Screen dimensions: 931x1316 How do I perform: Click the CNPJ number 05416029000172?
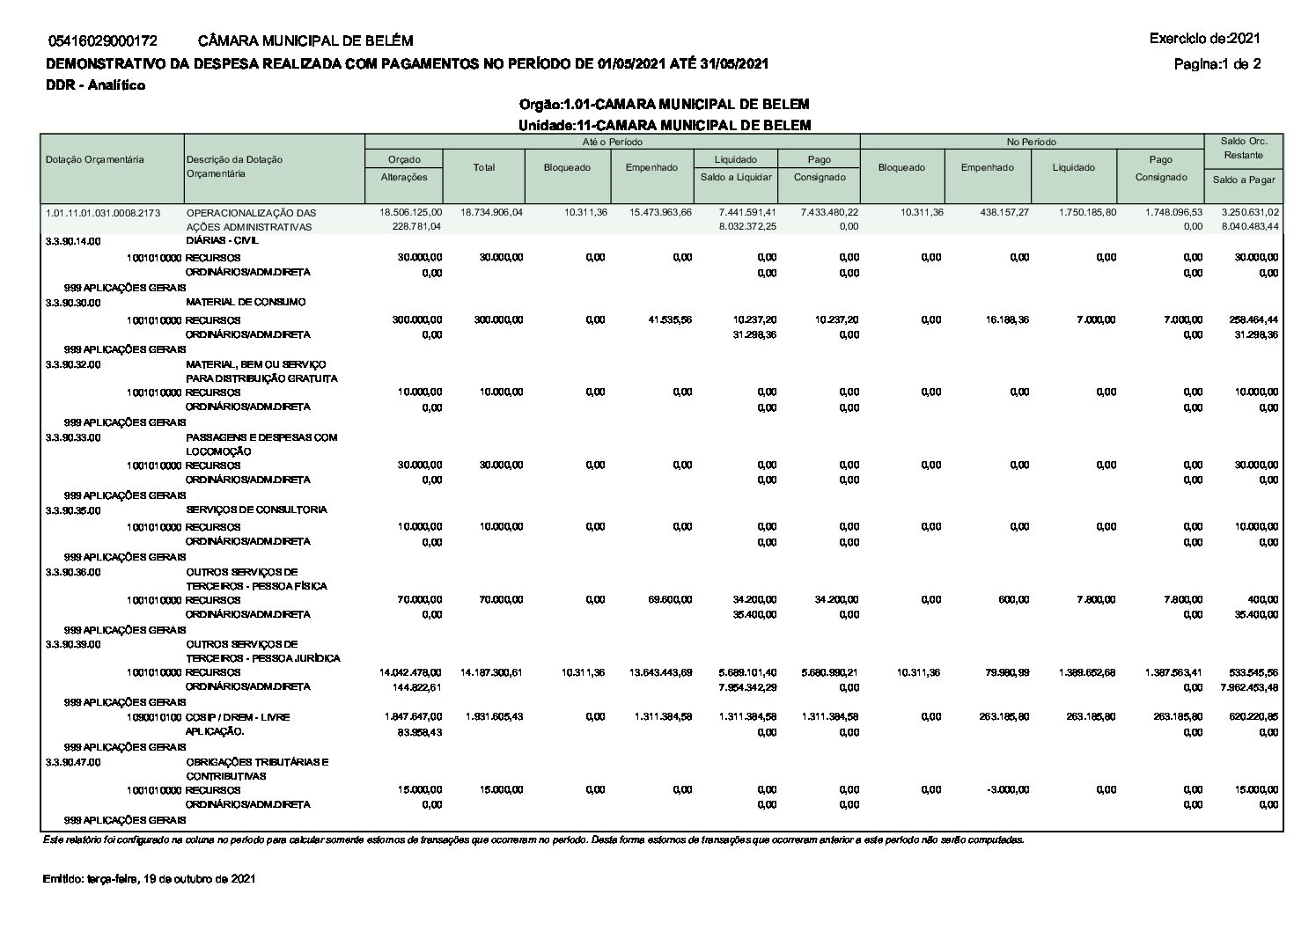(x=103, y=40)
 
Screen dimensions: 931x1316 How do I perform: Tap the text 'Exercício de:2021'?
(x=1204, y=38)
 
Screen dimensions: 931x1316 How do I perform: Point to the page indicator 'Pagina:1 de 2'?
(x=1217, y=63)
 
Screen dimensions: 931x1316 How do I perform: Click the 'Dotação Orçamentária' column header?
(x=95, y=159)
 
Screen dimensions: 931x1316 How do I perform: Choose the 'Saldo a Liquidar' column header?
(x=736, y=177)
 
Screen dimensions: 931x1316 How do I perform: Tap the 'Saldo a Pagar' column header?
(x=1244, y=180)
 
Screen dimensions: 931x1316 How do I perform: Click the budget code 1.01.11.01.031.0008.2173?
(x=103, y=213)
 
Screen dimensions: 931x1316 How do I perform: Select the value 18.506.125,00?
(x=410, y=213)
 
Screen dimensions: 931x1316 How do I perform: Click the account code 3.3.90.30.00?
(x=73, y=303)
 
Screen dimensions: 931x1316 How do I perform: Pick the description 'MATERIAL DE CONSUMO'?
(x=246, y=302)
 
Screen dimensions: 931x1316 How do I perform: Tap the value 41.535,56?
(x=669, y=319)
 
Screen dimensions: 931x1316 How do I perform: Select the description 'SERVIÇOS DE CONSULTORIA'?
(x=256, y=509)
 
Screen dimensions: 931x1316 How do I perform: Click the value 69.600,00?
(x=669, y=599)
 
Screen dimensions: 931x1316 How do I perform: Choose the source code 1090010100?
(x=154, y=717)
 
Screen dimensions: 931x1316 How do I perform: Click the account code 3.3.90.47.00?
(x=73, y=762)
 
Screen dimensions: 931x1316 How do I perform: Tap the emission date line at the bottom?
(x=149, y=879)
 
